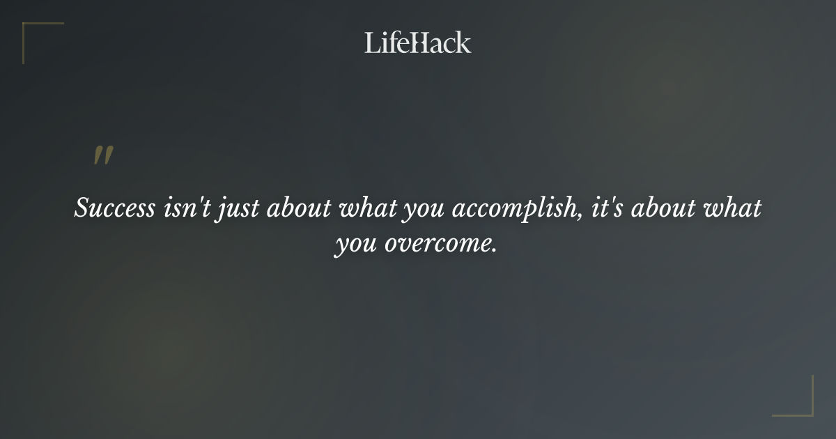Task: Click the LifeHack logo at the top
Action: click(417, 43)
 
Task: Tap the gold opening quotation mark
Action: click(103, 155)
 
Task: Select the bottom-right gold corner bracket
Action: click(801, 404)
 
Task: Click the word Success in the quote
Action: click(115, 209)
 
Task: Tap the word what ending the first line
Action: click(734, 209)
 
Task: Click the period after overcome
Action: click(495, 251)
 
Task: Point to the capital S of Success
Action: click(82, 209)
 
